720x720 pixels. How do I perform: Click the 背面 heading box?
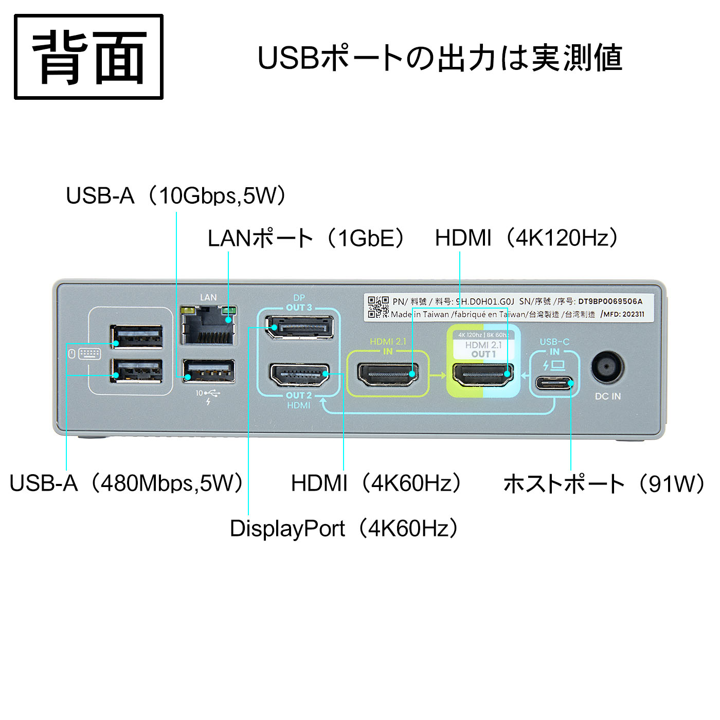click(x=88, y=57)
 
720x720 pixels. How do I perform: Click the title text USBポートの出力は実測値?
click(x=440, y=58)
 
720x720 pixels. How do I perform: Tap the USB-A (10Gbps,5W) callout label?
click(x=176, y=196)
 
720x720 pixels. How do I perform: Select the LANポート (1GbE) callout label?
click(x=307, y=238)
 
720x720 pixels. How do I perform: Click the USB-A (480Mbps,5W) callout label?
click(x=126, y=483)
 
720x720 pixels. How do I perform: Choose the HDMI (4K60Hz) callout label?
click(x=376, y=483)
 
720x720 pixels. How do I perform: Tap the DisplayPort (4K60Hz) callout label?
click(x=344, y=529)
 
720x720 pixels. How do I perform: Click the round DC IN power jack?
click(x=607, y=368)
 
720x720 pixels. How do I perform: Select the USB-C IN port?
click(x=554, y=383)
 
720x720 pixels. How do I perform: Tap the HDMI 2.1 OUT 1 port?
click(x=482, y=374)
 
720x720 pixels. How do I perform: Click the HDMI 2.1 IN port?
click(x=388, y=374)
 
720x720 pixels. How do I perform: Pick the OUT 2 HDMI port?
click(x=299, y=375)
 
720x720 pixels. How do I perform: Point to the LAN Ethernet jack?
click(x=208, y=325)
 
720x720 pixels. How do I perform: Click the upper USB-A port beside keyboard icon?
click(x=137, y=337)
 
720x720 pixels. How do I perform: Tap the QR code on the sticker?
click(x=378, y=307)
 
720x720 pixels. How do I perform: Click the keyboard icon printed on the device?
click(x=89, y=354)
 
